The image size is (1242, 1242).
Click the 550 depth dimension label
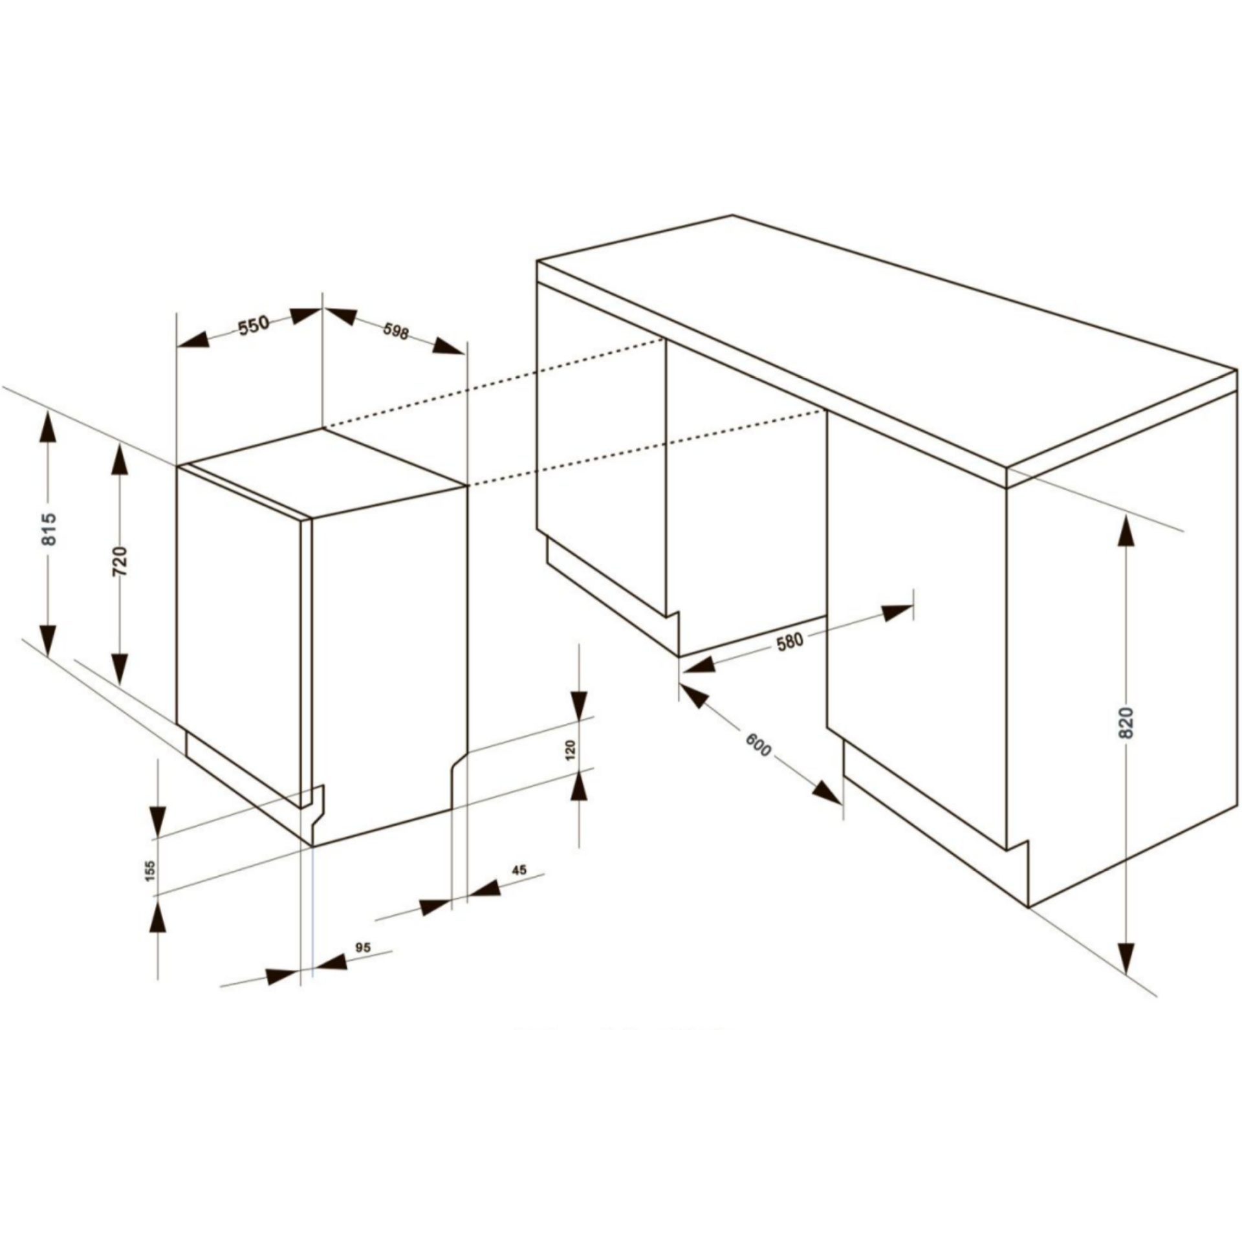coord(254,326)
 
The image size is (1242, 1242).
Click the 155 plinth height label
coord(151,871)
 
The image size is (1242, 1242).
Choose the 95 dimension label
coord(363,947)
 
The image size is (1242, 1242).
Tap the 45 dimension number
coord(519,870)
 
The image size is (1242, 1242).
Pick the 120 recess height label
coord(571,750)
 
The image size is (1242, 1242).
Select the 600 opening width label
coord(759,745)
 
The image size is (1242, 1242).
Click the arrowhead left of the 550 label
coord(193,341)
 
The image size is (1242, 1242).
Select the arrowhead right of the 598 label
coord(449,346)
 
